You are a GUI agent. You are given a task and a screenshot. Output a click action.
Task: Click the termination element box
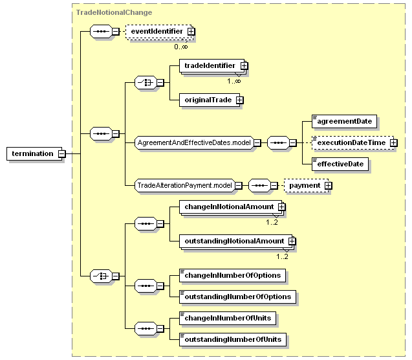tap(34, 154)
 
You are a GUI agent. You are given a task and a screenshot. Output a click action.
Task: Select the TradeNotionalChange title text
tap(114, 12)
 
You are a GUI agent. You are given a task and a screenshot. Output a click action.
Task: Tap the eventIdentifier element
tap(159, 32)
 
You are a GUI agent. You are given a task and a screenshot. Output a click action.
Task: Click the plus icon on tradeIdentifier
tap(244, 65)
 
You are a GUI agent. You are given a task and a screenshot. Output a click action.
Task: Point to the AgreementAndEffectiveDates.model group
tap(195, 143)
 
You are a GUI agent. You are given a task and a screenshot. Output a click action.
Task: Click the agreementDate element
tap(345, 121)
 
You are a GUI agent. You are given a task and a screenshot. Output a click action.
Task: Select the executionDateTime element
tap(353, 143)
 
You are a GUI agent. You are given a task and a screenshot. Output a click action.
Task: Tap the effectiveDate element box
tap(340, 164)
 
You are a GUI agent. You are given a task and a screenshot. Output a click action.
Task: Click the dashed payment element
tap(307, 186)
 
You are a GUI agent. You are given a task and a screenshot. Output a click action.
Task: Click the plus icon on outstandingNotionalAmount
tap(292, 241)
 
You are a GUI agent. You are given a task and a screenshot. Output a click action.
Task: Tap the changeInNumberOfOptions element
tap(233, 276)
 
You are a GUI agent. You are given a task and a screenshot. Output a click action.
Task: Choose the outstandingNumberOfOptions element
tap(238, 297)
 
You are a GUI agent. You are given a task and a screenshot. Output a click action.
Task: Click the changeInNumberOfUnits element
tap(228, 318)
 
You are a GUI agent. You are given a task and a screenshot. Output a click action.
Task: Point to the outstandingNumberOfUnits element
tap(233, 340)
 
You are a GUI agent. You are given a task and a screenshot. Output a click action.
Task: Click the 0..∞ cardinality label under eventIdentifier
tap(181, 47)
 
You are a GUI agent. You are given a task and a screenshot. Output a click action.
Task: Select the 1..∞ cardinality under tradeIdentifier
tap(234, 81)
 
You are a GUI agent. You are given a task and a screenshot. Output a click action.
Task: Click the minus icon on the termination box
tap(61, 154)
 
